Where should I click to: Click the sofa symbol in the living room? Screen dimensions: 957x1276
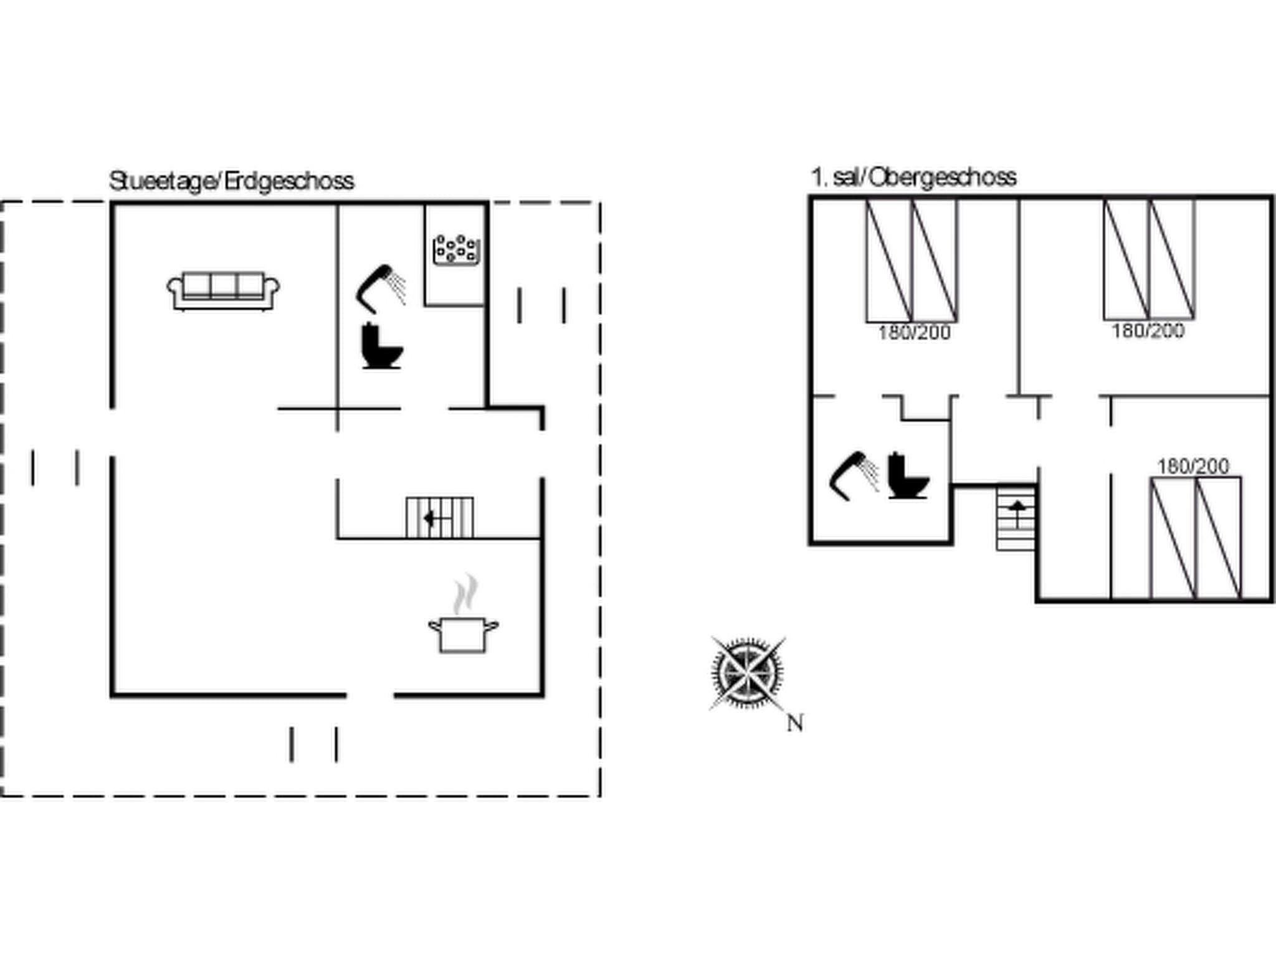(223, 290)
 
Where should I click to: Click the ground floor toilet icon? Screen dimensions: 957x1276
(381, 346)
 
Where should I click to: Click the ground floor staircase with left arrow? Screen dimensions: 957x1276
(439, 517)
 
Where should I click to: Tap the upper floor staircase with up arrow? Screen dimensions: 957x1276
(1016, 517)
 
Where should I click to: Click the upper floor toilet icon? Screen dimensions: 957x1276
(907, 476)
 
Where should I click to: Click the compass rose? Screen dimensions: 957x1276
(748, 673)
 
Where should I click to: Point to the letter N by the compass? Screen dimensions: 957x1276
(794, 723)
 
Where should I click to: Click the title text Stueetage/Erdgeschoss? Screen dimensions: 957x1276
(232, 181)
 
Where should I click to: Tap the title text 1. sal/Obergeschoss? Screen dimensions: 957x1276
(913, 178)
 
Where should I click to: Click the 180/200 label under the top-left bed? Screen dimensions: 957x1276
(914, 333)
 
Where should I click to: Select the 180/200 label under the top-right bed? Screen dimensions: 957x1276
(1148, 330)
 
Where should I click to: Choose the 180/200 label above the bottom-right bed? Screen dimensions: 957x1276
(1193, 466)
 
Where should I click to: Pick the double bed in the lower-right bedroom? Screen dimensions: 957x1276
(1196, 538)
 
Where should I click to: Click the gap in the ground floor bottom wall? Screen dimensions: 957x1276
(370, 695)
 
